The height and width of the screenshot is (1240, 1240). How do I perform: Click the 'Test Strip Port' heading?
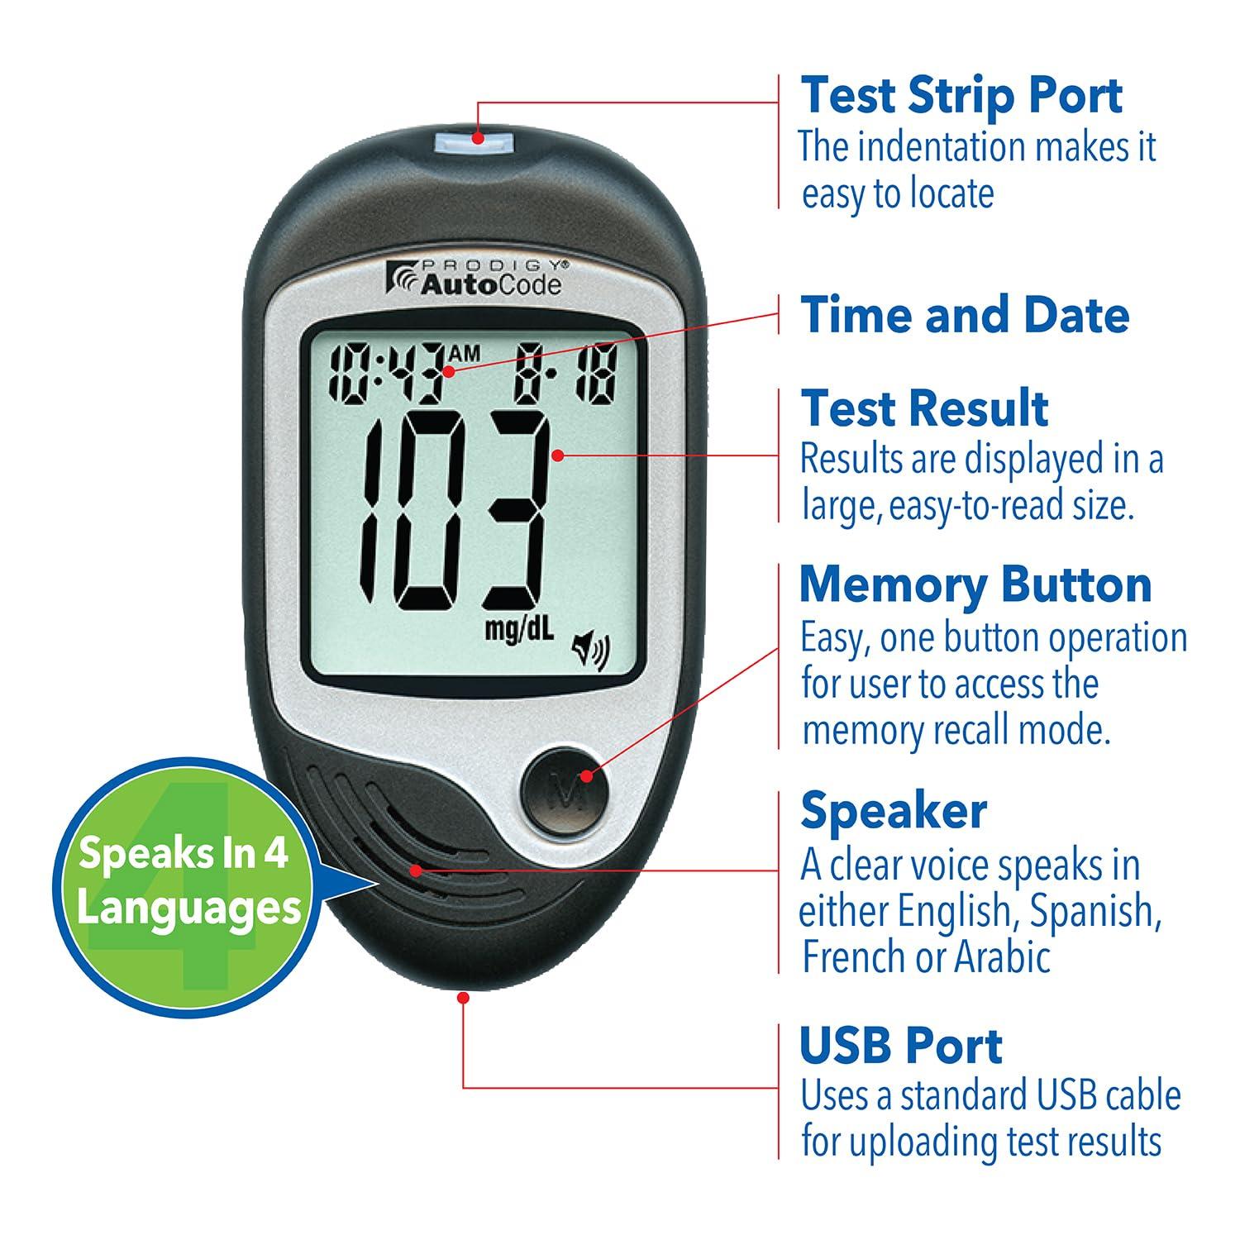click(x=961, y=95)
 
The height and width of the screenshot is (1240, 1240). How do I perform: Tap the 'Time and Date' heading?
click(x=964, y=314)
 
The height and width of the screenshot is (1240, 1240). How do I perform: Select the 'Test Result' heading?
click(x=924, y=408)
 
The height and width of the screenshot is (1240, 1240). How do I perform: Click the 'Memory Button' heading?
click(x=975, y=584)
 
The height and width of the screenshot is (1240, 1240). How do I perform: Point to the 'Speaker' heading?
click(x=893, y=810)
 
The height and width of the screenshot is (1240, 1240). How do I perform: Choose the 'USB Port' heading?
click(x=901, y=1045)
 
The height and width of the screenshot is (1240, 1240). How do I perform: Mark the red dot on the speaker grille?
click(x=415, y=870)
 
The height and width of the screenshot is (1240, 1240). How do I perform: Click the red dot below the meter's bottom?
click(x=463, y=999)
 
